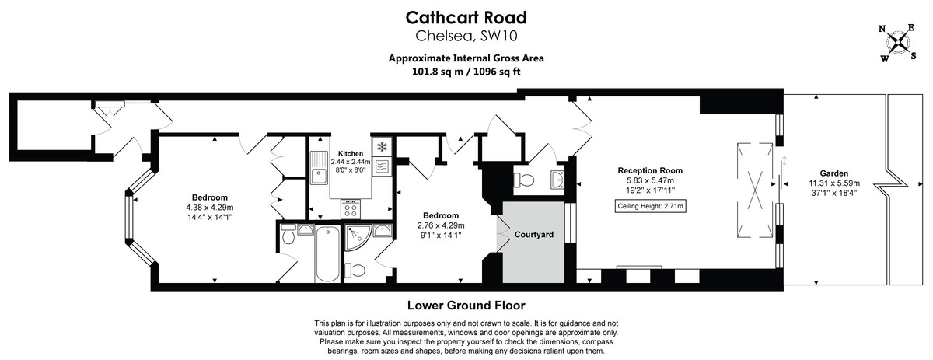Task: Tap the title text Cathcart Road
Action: (466, 18)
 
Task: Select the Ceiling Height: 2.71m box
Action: (651, 206)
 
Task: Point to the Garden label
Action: (833, 173)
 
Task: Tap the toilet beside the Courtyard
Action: (526, 180)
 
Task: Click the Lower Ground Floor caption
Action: (466, 306)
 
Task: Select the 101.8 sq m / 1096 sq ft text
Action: (466, 71)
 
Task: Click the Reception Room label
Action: (650, 170)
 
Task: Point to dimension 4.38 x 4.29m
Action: (210, 208)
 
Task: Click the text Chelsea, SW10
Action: (466, 36)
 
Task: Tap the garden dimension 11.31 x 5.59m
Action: (833, 183)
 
